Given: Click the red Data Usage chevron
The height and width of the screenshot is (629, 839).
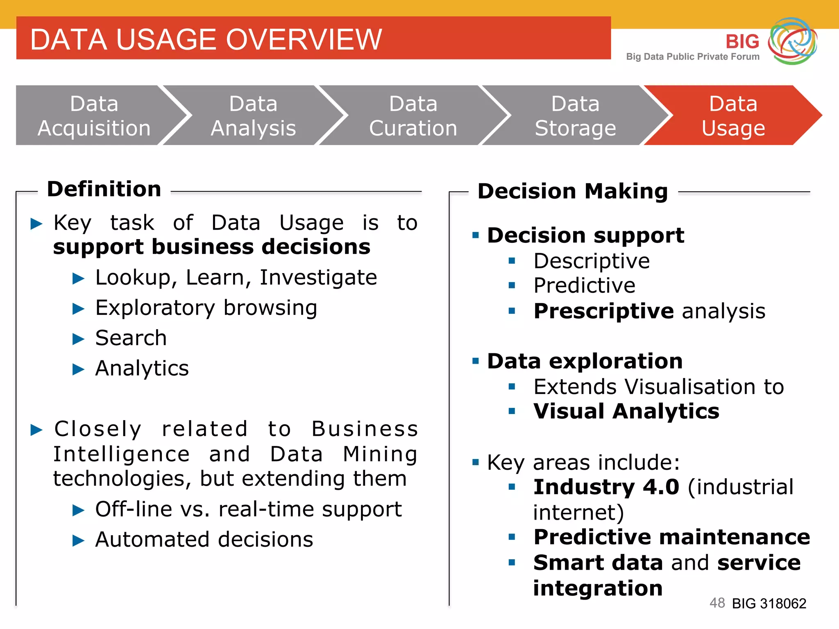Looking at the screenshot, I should (x=733, y=115).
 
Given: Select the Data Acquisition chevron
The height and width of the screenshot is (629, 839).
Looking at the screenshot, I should (x=94, y=115).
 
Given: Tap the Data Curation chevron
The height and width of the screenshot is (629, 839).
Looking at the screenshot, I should (x=413, y=115).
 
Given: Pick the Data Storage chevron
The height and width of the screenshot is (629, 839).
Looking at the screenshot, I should (x=575, y=115).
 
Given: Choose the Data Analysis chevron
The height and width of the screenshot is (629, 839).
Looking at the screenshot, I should (x=253, y=115).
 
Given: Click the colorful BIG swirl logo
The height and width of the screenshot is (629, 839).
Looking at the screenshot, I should (x=792, y=41).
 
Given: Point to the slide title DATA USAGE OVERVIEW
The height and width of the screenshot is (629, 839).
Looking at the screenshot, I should (x=206, y=40).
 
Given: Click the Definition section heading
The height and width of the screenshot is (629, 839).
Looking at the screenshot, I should (x=104, y=189).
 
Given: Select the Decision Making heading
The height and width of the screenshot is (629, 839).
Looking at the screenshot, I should (x=572, y=191).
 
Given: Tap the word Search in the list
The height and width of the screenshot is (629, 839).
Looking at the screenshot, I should (x=131, y=338).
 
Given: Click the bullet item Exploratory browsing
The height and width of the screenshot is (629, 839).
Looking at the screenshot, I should (x=206, y=308).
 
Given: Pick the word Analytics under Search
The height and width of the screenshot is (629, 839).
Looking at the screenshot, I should (x=142, y=368).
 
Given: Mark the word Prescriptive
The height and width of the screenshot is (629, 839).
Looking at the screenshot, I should (x=603, y=311).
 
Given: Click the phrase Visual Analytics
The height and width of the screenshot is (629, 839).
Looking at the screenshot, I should (x=626, y=411).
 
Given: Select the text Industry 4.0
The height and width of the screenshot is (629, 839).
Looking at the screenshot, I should (x=606, y=487).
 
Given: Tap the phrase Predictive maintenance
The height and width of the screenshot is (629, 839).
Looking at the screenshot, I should (x=671, y=537).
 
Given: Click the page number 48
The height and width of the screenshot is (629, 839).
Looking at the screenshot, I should (x=717, y=603).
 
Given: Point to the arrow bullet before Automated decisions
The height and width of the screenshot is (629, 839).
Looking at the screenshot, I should (x=78, y=541).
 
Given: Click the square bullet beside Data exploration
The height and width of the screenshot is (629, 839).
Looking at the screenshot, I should (x=475, y=361).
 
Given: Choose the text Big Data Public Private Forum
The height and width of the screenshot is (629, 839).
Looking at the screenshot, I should (x=692, y=57).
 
